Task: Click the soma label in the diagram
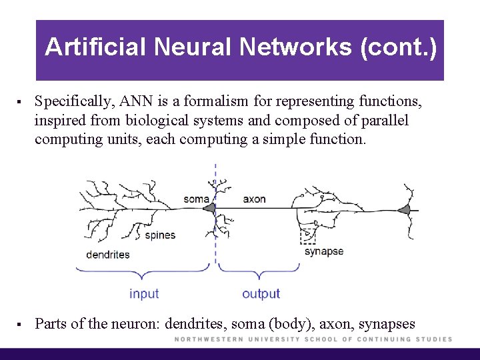tap(196, 199)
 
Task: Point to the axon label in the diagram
tap(254, 199)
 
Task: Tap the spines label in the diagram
tap(160, 235)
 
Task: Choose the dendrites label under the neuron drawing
tap(108, 254)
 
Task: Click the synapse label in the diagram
tap(324, 251)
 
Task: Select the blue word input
tap(144, 293)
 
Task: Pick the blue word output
tap(261, 293)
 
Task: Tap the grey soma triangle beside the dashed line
tap(209, 209)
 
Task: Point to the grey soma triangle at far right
tap(404, 210)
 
